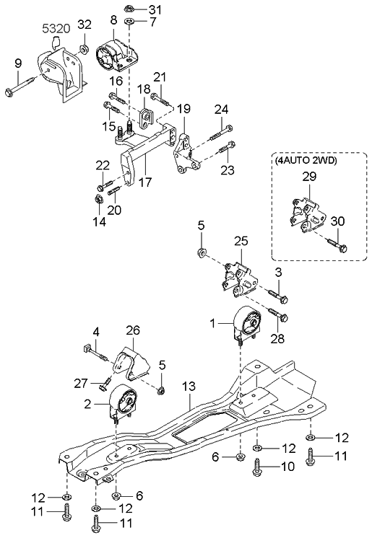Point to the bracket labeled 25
point(236,277)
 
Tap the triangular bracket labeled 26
point(133,367)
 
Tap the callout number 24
point(221,109)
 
